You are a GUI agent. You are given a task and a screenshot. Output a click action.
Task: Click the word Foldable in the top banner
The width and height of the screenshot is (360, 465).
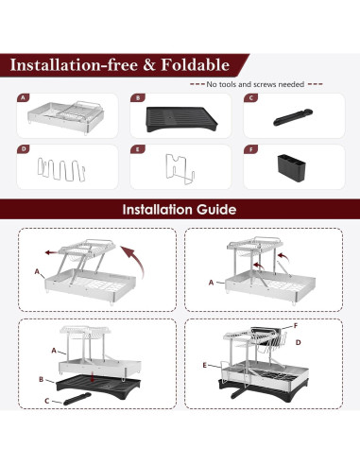pos(195,65)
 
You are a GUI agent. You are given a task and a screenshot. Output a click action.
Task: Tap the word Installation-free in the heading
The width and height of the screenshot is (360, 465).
pos(74,65)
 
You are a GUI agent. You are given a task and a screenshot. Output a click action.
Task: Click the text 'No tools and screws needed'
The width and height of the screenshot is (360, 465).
pos(255,84)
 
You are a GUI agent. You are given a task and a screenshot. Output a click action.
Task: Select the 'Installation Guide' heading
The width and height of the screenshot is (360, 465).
pos(180,210)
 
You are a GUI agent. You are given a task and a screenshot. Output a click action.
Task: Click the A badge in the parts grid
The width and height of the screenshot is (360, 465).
pos(23,98)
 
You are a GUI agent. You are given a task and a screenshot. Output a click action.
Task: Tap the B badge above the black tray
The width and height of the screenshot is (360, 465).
pos(137,98)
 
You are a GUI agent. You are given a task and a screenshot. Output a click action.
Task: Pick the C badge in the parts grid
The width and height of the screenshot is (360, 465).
pos(250,98)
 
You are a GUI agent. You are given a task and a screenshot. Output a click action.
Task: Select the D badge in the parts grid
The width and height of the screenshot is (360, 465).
pos(24,149)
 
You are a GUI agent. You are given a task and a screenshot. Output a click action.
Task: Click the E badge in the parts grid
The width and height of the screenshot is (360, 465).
pos(137,149)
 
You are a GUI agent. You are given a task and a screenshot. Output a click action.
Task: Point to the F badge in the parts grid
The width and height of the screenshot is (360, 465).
pos(250,149)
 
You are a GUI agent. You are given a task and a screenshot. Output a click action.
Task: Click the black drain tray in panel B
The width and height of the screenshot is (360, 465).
pos(181,119)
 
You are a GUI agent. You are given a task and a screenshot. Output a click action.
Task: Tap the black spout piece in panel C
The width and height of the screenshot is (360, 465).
pos(293,117)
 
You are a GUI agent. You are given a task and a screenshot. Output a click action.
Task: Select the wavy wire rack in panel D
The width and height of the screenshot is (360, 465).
pos(61,170)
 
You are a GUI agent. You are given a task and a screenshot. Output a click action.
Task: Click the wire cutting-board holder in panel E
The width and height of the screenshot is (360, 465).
pos(180,169)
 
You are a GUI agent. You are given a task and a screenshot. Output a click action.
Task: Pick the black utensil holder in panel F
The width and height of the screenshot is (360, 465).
pos(292,167)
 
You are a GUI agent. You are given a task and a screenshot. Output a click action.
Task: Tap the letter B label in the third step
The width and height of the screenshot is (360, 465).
pos(41,379)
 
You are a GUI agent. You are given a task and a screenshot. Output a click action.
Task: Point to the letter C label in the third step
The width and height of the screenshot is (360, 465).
pos(47,401)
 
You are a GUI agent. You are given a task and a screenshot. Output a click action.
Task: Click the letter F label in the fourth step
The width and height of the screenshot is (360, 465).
pos(296,326)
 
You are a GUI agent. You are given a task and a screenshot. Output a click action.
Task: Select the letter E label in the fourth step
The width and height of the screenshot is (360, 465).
pos(205,366)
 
